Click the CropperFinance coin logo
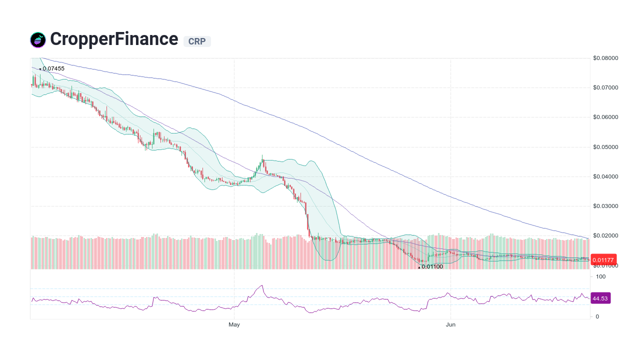pyautogui.click(x=38, y=40)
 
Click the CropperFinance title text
pyautogui.click(x=114, y=39)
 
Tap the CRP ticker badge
pyautogui.click(x=197, y=41)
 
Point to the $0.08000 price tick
pyautogui.click(x=605, y=58)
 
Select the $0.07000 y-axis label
pyautogui.click(x=605, y=87)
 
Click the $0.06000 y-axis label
pyautogui.click(x=605, y=117)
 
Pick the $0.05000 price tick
pyautogui.click(x=605, y=147)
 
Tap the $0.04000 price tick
pyautogui.click(x=605, y=176)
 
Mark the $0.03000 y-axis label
pyautogui.click(x=605, y=206)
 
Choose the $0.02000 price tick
pyautogui.click(x=605, y=235)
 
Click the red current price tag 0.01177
pyautogui.click(x=603, y=259)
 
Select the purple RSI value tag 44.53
pyautogui.click(x=600, y=298)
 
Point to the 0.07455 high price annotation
pyautogui.click(x=53, y=68)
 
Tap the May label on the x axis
pyautogui.click(x=234, y=325)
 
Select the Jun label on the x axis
pyautogui.click(x=451, y=325)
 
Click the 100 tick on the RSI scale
pyautogui.click(x=600, y=276)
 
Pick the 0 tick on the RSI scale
pyautogui.click(x=597, y=316)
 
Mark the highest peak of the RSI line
pyautogui.click(x=261, y=285)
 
